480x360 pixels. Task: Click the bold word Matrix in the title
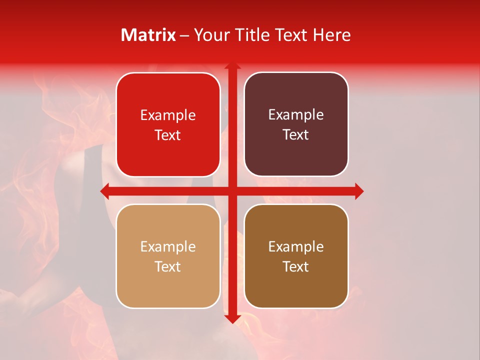pyautogui.click(x=148, y=35)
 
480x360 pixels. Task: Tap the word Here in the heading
pyautogui.click(x=331, y=35)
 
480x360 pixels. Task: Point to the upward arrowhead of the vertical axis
pyautogui.click(x=232, y=66)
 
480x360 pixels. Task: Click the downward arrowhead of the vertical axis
pyautogui.click(x=232, y=318)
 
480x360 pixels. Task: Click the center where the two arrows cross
pyautogui.click(x=232, y=191)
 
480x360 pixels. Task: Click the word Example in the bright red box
pyautogui.click(x=168, y=115)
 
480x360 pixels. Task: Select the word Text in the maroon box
pyautogui.click(x=296, y=135)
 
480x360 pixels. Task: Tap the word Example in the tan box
pyautogui.click(x=168, y=247)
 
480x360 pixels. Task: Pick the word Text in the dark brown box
pyautogui.click(x=296, y=266)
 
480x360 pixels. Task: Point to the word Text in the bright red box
pyautogui.click(x=168, y=135)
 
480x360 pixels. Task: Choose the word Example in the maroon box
pyautogui.click(x=296, y=115)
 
